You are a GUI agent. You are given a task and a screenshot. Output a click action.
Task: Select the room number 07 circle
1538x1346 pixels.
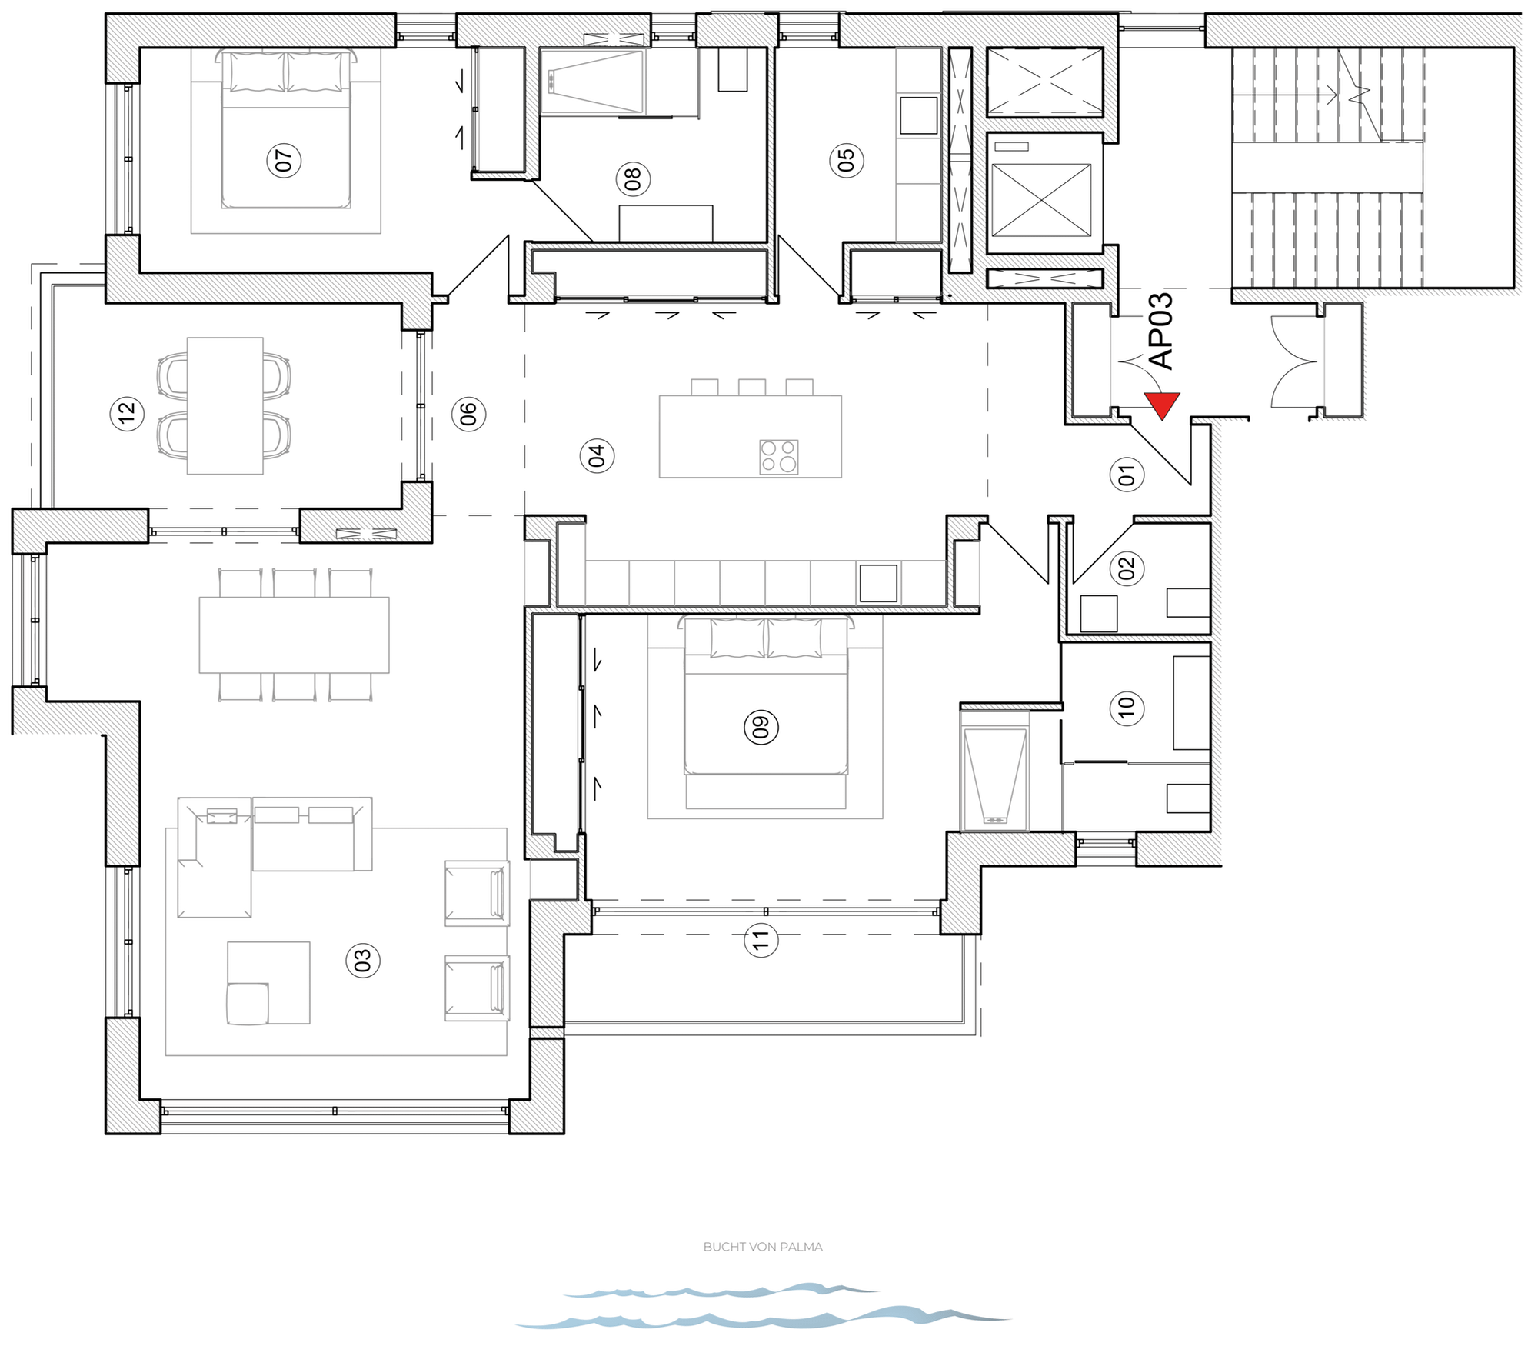click(284, 161)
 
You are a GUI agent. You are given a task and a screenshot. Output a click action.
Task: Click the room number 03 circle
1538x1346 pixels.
click(363, 960)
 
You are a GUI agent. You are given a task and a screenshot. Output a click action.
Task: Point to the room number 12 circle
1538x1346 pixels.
click(128, 414)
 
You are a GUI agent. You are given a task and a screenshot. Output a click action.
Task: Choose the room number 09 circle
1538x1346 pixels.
click(761, 727)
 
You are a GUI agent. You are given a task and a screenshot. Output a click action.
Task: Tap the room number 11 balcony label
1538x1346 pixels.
click(761, 939)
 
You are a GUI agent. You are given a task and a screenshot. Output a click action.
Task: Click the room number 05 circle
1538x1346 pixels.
click(847, 160)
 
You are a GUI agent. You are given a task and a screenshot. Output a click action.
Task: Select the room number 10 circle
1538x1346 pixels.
click(1127, 706)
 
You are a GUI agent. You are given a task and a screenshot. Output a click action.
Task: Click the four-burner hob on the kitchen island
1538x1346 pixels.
click(778, 456)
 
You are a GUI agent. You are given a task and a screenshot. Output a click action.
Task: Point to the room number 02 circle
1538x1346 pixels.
click(1127, 568)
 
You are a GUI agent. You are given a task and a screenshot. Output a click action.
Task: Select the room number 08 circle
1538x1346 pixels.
click(633, 179)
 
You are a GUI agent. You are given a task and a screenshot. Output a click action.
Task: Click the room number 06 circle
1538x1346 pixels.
click(468, 414)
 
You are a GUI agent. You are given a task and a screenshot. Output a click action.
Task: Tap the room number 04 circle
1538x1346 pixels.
click(597, 455)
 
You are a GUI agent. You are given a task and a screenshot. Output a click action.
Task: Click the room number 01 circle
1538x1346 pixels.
click(1127, 475)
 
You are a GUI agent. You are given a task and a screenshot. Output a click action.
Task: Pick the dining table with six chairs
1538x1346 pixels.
click(294, 635)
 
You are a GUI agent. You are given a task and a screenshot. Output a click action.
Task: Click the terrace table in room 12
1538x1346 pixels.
click(225, 405)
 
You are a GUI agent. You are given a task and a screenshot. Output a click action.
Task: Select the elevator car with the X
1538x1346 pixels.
click(1041, 200)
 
